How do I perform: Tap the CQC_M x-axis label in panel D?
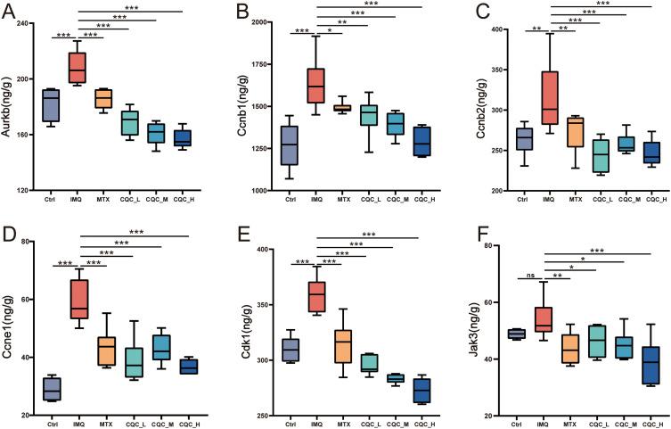(x=137, y=425)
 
